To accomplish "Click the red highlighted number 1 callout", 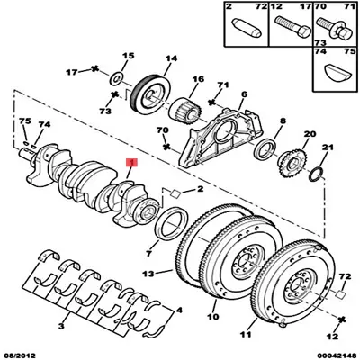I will pos(131,162).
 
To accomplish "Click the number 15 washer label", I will pos(128,55).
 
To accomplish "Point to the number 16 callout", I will pos(197,79).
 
